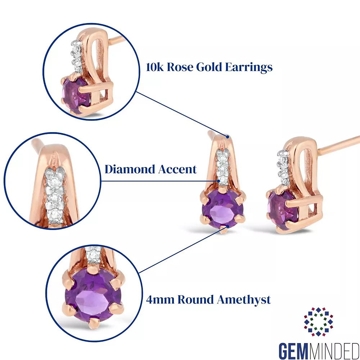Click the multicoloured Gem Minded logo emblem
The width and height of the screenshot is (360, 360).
(318, 321)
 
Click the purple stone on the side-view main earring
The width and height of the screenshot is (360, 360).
(277, 209)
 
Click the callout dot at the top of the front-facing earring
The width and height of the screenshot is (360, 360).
(227, 136)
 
